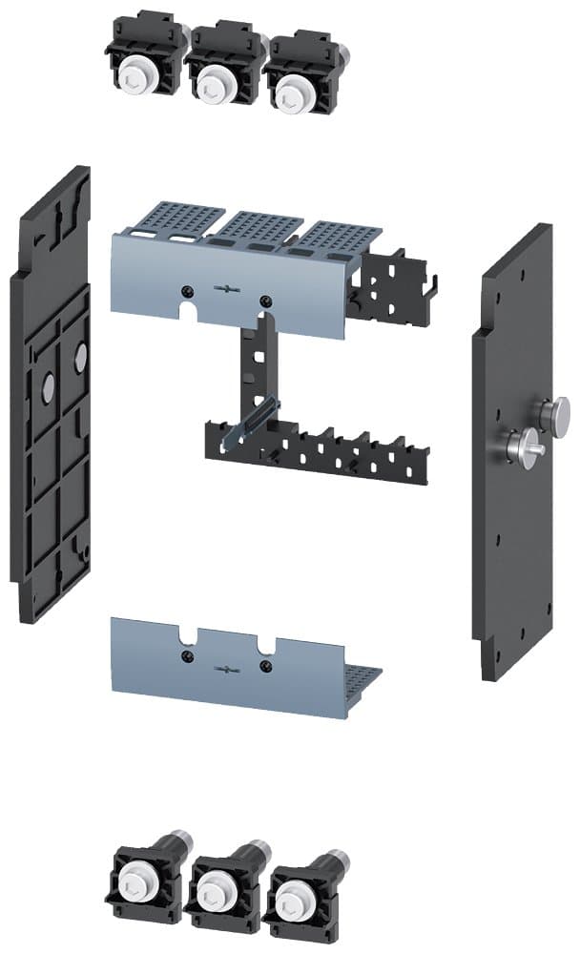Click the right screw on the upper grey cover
(264, 301)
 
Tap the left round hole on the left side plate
(47, 384)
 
